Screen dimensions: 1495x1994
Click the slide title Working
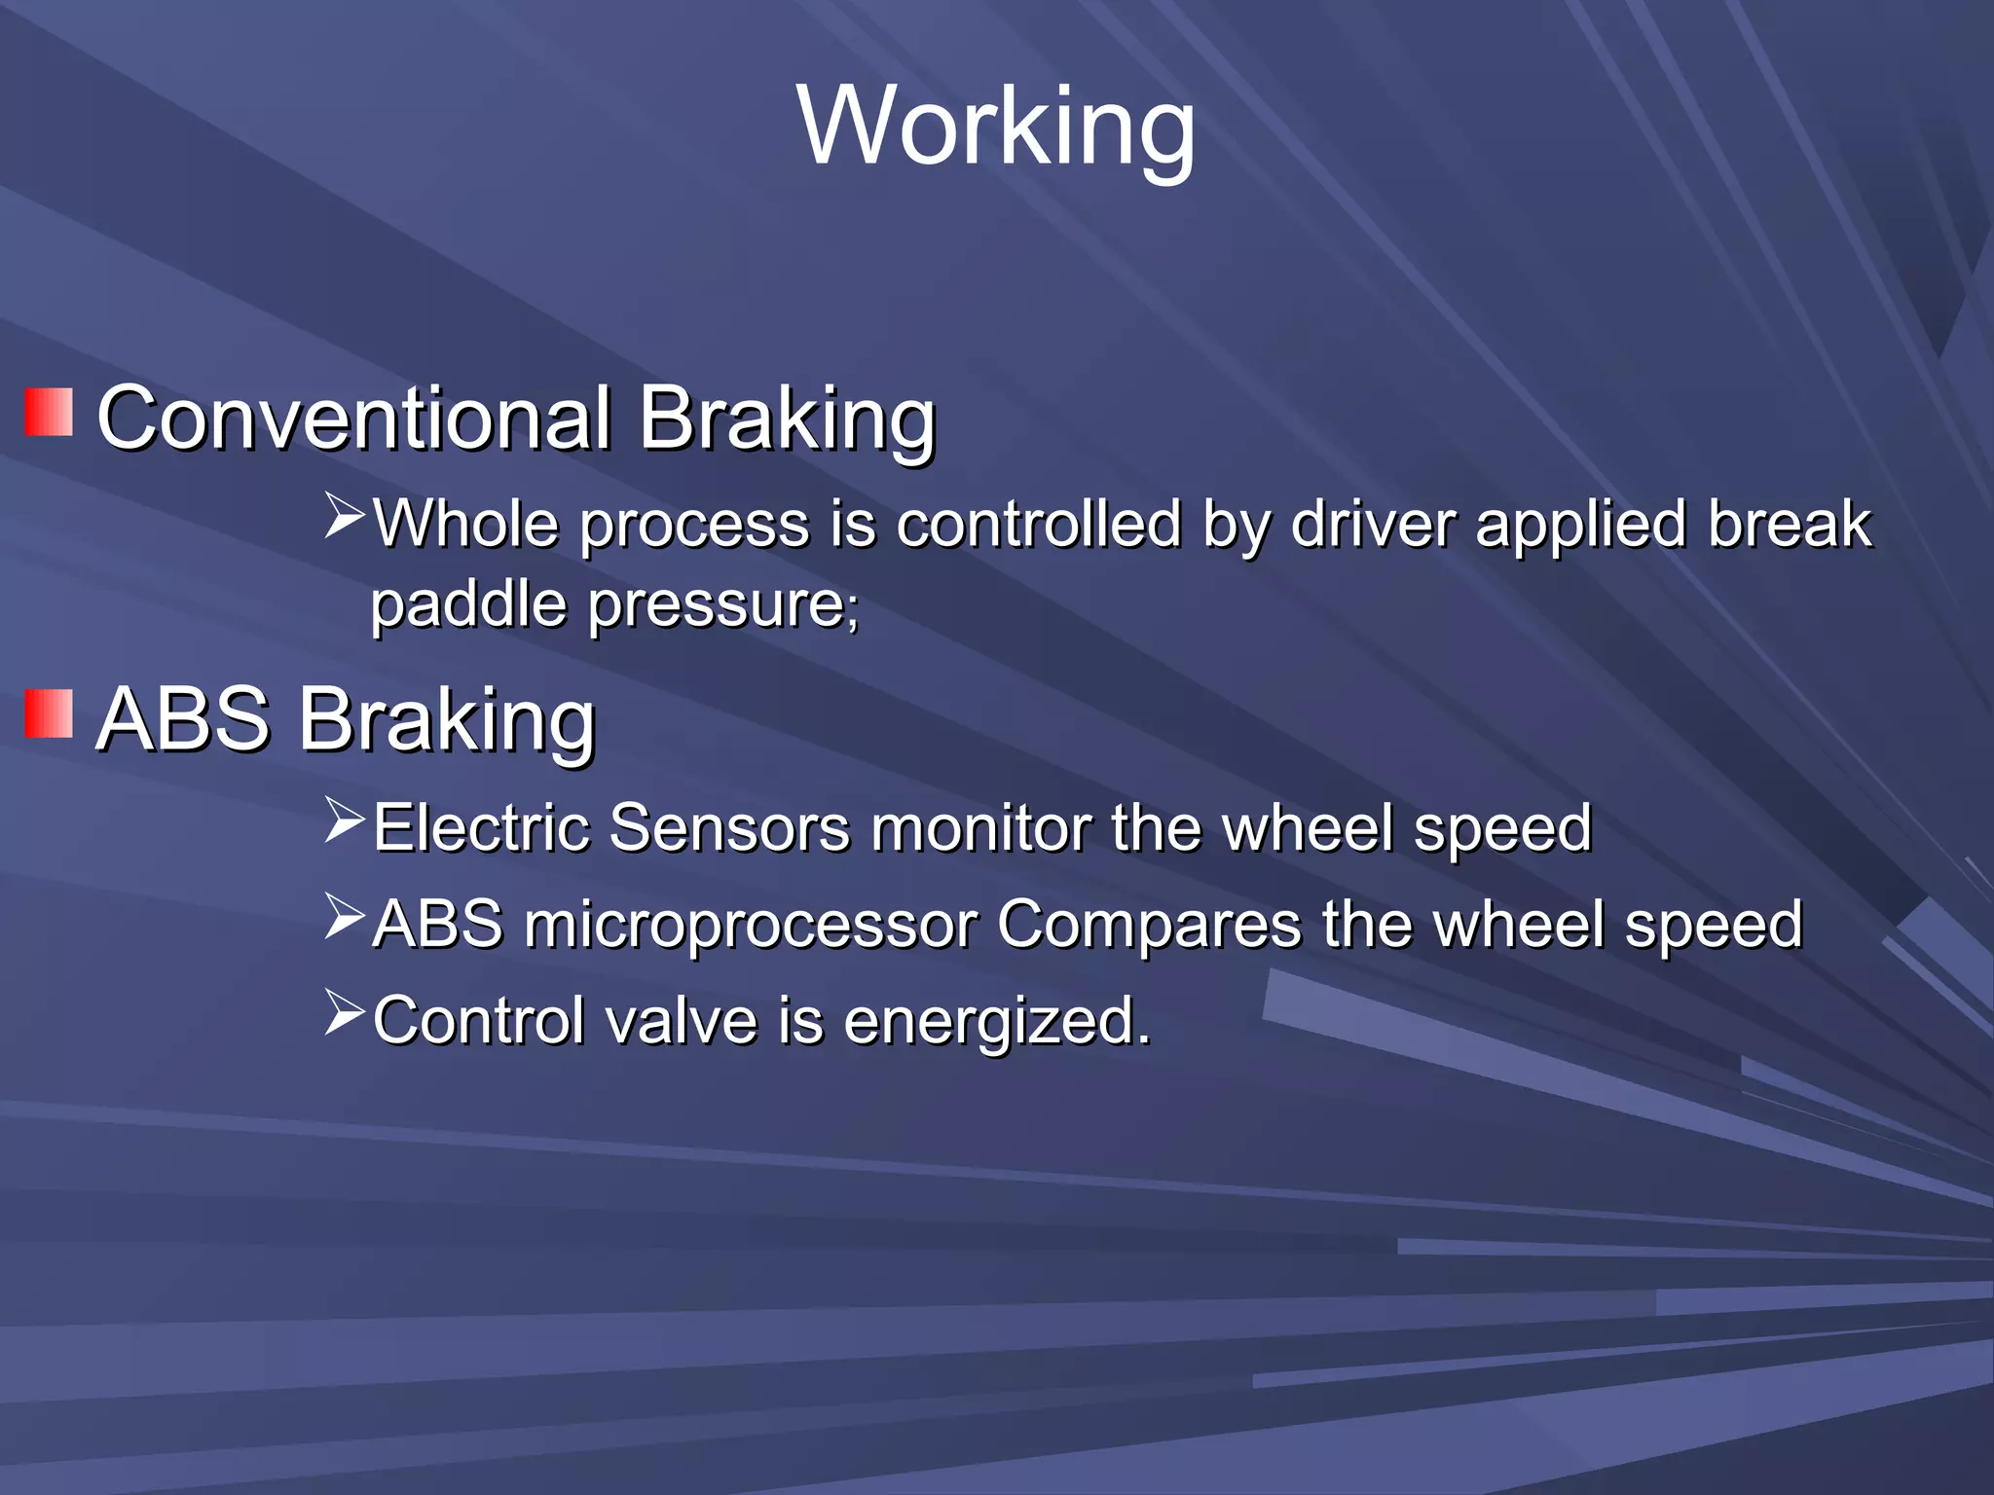[x=996, y=127]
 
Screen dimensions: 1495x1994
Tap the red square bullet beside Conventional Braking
[x=49, y=413]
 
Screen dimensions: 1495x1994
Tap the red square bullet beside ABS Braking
[x=49, y=714]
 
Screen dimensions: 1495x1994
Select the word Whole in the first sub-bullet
[x=465, y=524]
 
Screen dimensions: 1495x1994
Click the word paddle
[x=468, y=605]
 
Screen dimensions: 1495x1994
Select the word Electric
[x=481, y=828]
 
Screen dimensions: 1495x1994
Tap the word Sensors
[x=729, y=828]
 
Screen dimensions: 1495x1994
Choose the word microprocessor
[x=751, y=925]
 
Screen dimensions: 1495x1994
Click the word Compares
[x=1149, y=925]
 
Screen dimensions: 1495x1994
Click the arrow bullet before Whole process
[x=344, y=516]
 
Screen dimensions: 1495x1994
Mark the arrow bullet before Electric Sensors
[x=344, y=820]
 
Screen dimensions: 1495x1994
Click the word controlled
[x=1038, y=524]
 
